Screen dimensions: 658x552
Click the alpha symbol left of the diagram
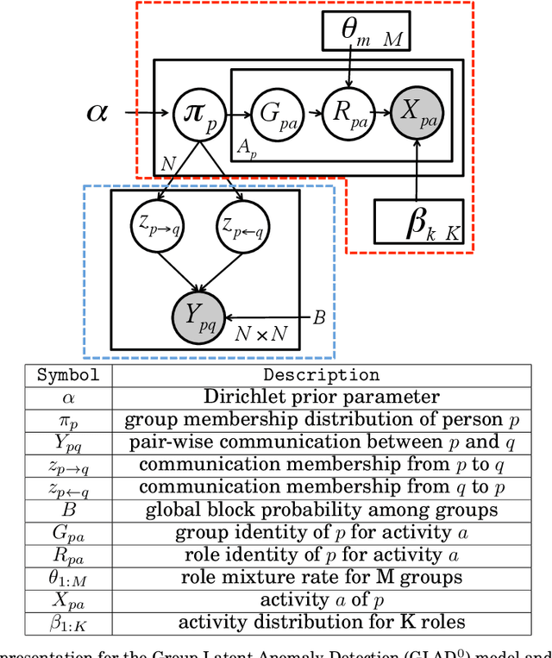98,111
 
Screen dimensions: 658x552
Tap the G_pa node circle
273,113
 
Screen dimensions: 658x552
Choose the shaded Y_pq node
198,318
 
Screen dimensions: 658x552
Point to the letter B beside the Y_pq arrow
318,318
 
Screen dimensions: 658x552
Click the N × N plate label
262,333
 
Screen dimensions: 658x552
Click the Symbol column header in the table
67,375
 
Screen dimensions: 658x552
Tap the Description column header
321,375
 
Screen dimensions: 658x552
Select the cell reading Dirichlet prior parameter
321,397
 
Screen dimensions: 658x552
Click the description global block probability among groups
321,510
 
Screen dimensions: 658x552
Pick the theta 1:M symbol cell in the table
67,577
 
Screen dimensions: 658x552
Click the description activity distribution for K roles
321,622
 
